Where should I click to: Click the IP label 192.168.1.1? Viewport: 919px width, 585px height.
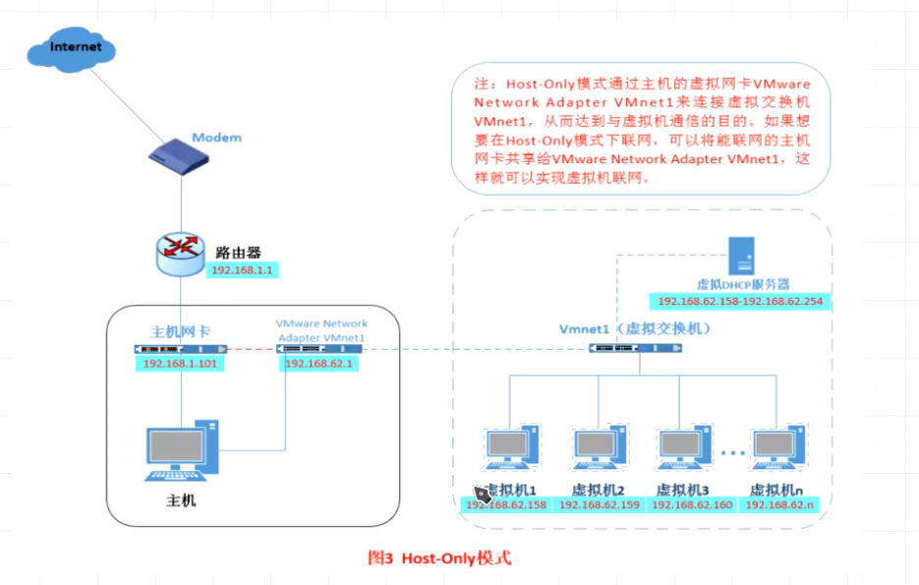[241, 268]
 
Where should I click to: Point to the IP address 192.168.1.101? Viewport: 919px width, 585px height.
[181, 364]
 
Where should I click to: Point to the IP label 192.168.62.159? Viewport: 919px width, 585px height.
[598, 505]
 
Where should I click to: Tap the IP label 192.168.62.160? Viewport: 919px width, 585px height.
[691, 505]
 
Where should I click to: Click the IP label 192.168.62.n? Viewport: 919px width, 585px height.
[779, 505]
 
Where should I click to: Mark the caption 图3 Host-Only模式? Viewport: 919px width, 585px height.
[439, 558]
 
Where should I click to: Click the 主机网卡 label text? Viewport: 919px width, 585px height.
[180, 331]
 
